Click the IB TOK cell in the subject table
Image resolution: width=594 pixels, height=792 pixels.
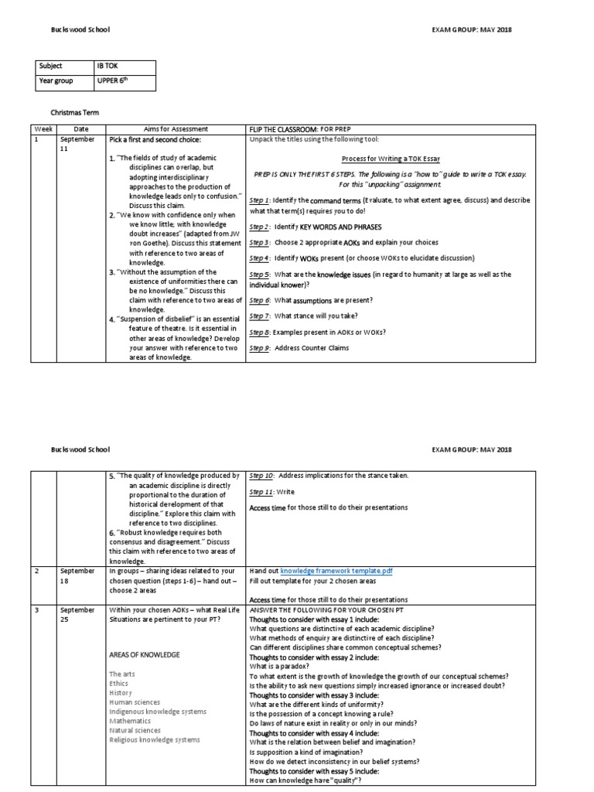pyautogui.click(x=107, y=67)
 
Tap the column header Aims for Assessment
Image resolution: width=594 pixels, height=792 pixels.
pyautogui.click(x=176, y=128)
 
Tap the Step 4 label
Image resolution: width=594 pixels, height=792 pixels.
pyautogui.click(x=259, y=258)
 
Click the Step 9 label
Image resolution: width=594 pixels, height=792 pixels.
pyautogui.click(x=259, y=347)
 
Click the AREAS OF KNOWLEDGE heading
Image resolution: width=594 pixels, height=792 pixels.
pyautogui.click(x=145, y=654)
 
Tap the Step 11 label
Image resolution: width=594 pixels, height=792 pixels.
pyautogui.click(x=261, y=491)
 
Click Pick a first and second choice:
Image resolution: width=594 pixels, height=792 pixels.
pyautogui.click(x=155, y=140)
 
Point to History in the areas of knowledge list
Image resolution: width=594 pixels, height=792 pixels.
pyautogui.click(x=122, y=692)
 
